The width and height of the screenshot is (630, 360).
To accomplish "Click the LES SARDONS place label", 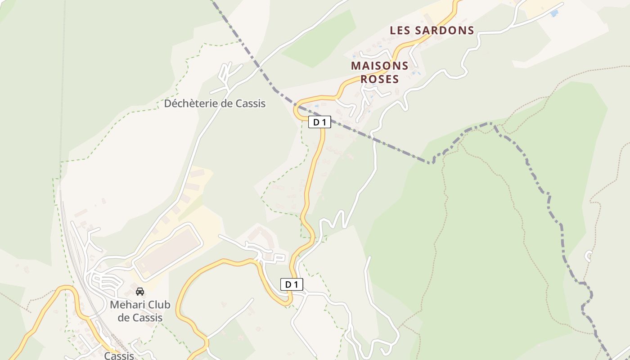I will (432, 31).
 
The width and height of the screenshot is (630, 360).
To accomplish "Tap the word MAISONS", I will (380, 66).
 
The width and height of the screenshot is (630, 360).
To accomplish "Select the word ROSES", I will (380, 80).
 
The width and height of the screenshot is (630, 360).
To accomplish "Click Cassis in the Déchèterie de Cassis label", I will (250, 103).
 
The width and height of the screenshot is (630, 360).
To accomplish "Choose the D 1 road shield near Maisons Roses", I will (319, 122).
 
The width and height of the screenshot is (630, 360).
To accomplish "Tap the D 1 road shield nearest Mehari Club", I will (292, 284).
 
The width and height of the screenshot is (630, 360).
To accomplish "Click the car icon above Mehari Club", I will (140, 292).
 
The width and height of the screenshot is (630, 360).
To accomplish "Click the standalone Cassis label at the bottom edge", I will (119, 356).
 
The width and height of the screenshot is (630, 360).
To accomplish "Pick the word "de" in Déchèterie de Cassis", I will (226, 103).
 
